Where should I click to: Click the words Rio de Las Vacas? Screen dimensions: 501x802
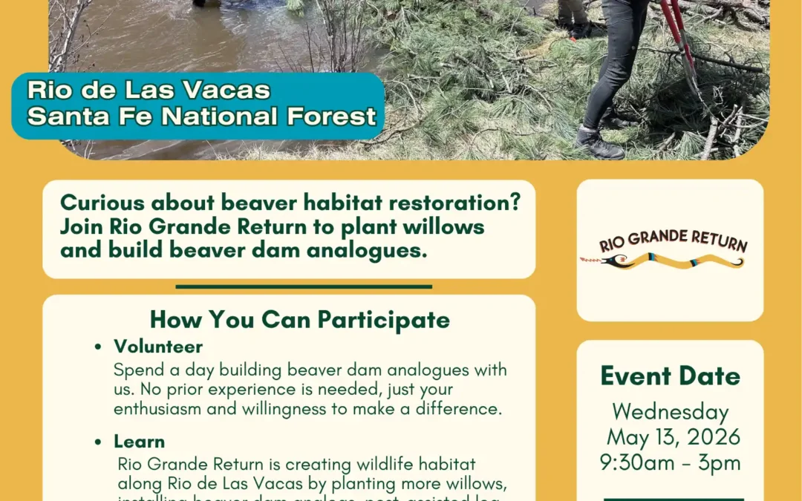[x=149, y=91]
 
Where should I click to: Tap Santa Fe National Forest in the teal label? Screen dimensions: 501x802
[x=202, y=117]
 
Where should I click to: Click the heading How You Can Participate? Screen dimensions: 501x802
[x=299, y=320]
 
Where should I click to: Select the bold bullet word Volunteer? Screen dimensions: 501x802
[x=158, y=347]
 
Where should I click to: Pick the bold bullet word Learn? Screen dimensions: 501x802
[x=139, y=442]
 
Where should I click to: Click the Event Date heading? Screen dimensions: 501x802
[x=670, y=376]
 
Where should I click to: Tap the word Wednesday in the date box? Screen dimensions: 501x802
[x=670, y=411]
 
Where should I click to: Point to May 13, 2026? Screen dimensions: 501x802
[x=674, y=436]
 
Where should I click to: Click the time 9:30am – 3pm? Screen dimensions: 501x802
[x=670, y=462]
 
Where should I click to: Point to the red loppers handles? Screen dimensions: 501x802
[x=677, y=30]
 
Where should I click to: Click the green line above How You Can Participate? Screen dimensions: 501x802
[x=304, y=286]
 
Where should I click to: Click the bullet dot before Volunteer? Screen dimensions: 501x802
[x=99, y=347]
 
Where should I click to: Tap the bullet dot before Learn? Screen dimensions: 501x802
[x=99, y=442]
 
